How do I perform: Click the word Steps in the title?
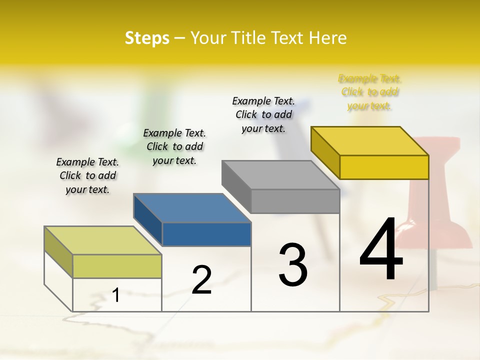point(147,38)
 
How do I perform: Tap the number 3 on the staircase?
point(293,264)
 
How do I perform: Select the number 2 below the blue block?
point(201,279)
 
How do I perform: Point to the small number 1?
point(116,295)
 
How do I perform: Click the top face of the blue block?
point(192,207)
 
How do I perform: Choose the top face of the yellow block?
point(370,140)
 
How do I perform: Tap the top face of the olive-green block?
point(103,240)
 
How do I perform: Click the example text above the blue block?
point(174,146)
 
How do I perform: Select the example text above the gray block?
point(263,114)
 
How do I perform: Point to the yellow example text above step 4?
point(370,92)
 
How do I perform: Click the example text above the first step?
point(87,175)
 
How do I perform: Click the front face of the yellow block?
point(384,167)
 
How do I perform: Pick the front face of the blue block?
point(206,234)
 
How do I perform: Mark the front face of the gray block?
point(295,201)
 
